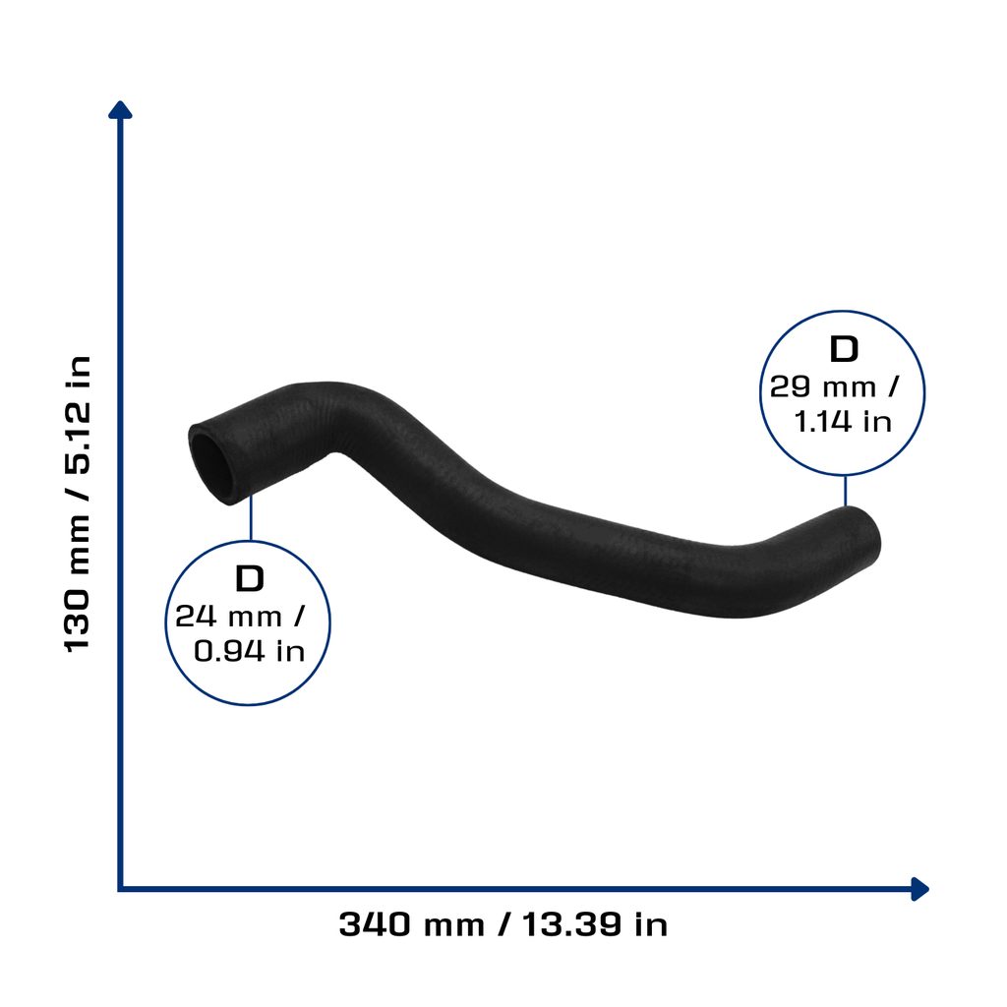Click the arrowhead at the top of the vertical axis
120,110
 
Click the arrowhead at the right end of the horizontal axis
919,889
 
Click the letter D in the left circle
250,578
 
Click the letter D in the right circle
844,349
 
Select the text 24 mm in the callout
228,617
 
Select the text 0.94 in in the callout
249,651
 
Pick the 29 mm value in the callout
823,387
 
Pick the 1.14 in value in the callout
843,422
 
